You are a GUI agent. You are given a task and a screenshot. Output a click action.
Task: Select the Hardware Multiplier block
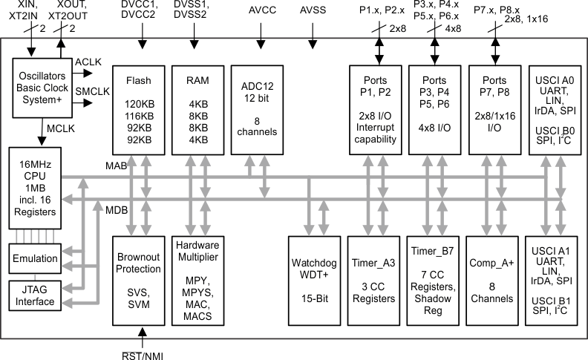(197, 279)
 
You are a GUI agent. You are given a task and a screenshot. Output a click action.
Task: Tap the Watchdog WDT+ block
(315, 279)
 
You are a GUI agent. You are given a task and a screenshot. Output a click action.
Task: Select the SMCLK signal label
(93, 93)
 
